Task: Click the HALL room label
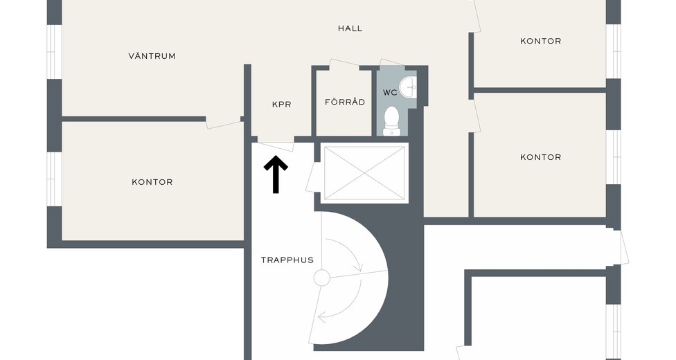coord(350,28)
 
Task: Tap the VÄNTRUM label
coord(152,55)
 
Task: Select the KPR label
coord(281,105)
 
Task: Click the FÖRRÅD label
coord(345,102)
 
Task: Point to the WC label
coord(390,92)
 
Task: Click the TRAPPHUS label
coord(287,260)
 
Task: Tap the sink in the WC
coord(408,87)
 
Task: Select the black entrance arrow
coord(276,174)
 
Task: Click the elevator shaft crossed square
coord(364,173)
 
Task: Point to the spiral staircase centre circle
coord(321,278)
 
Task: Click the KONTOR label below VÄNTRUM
coord(152,182)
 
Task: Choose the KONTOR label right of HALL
coord(541,41)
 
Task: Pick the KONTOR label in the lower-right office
coord(541,157)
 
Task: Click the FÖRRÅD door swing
coord(344,63)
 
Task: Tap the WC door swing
coord(392,63)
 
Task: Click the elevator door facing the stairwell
coord(313,177)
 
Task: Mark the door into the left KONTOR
coord(223,122)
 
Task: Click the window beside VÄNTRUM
coord(54,52)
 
